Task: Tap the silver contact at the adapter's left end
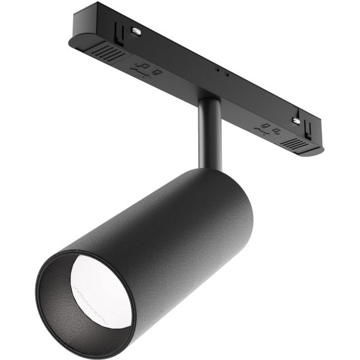click(135, 29)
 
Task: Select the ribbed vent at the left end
click(108, 53)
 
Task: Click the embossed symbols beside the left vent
click(147, 69)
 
